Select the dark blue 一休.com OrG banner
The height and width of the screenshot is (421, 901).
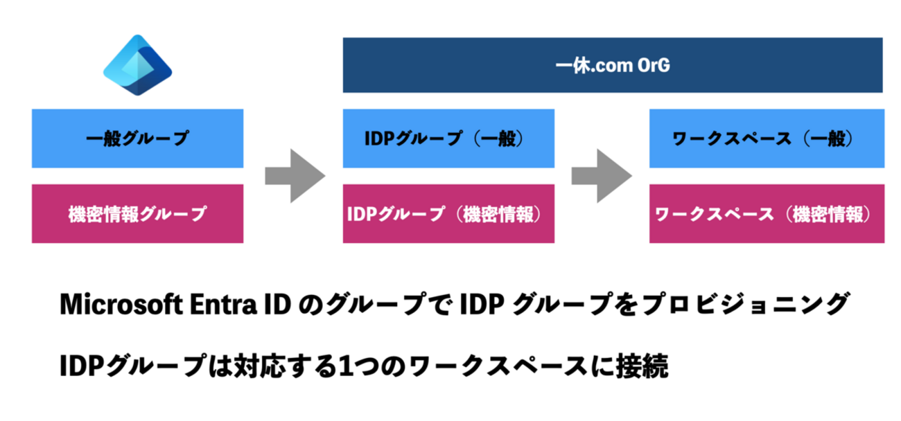tap(613, 65)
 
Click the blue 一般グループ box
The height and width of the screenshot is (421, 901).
tap(137, 138)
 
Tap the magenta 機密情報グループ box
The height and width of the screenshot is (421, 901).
tap(137, 213)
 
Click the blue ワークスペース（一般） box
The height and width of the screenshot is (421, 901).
tap(766, 138)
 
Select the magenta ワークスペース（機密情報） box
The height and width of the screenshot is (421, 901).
tap(766, 213)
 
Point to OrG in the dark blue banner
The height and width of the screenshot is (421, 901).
tap(651, 66)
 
